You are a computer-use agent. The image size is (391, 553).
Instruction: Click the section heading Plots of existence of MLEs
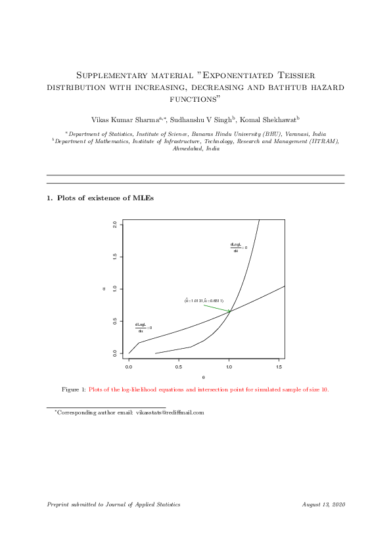click(105, 198)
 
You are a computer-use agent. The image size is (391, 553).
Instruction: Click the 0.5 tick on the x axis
click(179, 366)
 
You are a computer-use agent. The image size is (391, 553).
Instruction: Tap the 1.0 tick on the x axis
click(229, 366)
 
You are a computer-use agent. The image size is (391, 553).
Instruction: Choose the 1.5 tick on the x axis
click(279, 366)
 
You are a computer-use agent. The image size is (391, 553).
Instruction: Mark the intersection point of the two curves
click(231, 311)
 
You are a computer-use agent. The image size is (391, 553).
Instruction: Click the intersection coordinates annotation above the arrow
click(204, 301)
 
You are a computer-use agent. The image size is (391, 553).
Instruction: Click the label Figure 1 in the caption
click(74, 389)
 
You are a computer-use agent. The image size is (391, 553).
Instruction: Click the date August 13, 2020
click(323, 504)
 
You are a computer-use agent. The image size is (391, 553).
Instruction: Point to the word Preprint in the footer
click(58, 504)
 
